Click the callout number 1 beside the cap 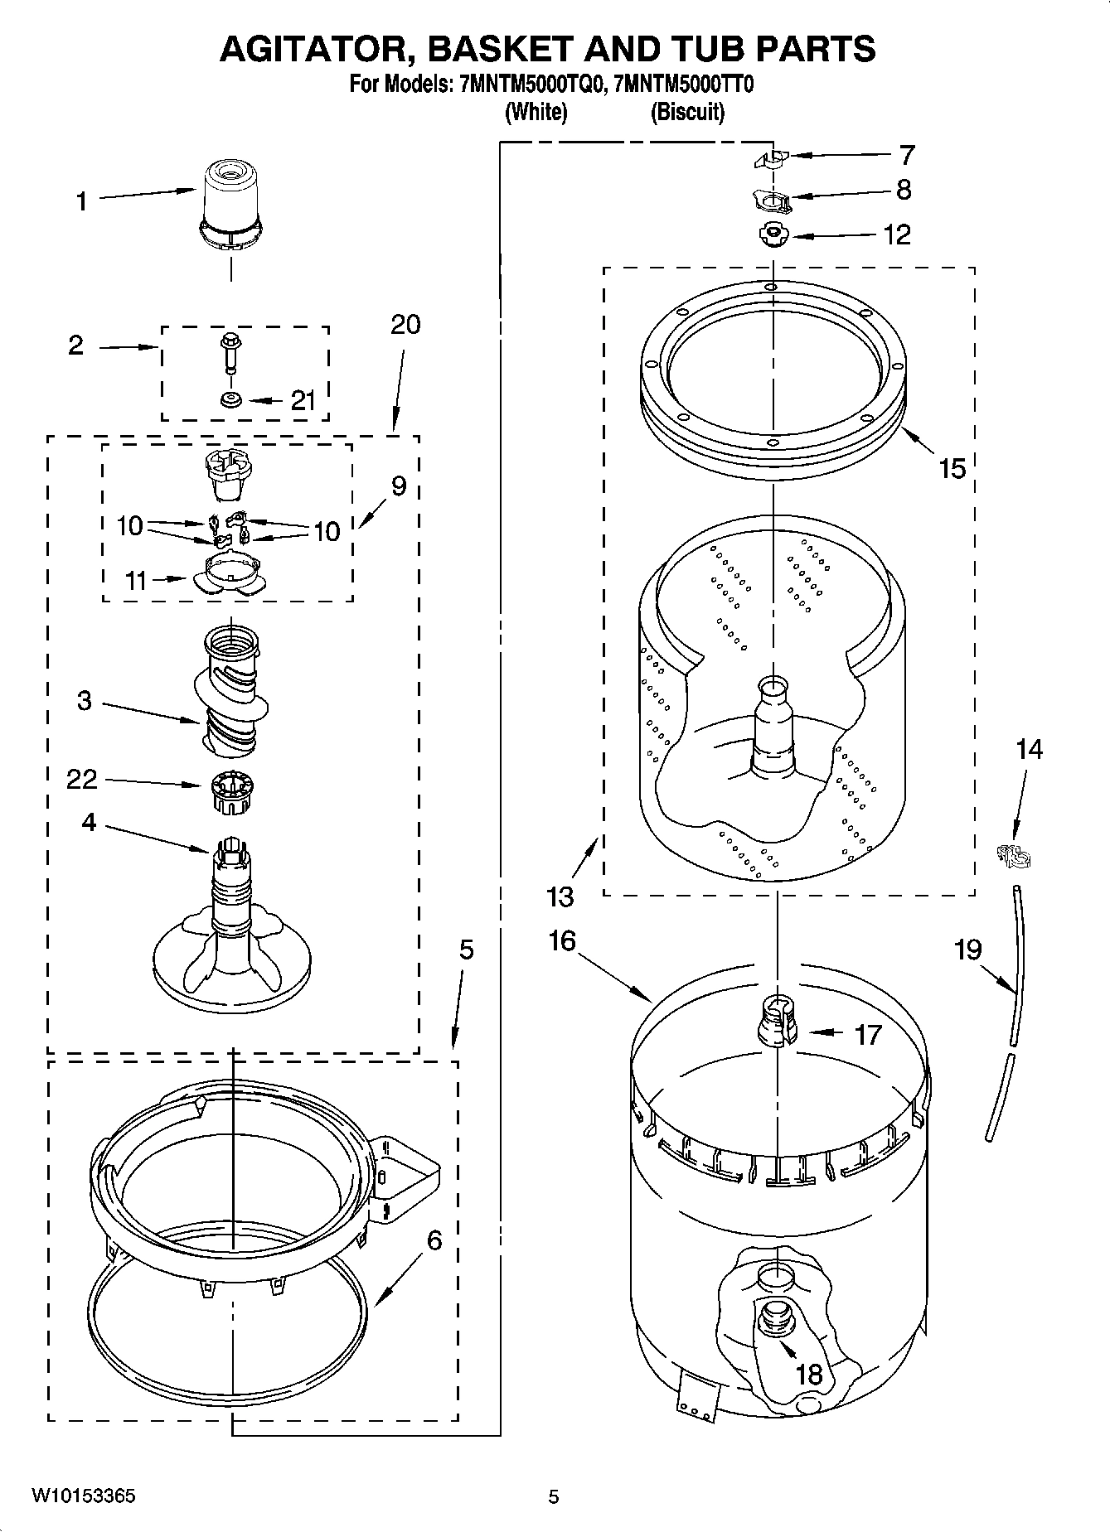81,201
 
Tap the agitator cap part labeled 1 230,202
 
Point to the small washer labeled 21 230,400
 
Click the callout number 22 81,779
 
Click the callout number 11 135,580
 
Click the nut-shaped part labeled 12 773,235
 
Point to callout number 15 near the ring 952,469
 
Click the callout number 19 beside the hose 968,949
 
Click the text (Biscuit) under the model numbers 686,112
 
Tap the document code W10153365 84,1496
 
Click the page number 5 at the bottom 553,1496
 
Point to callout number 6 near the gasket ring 434,1241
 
